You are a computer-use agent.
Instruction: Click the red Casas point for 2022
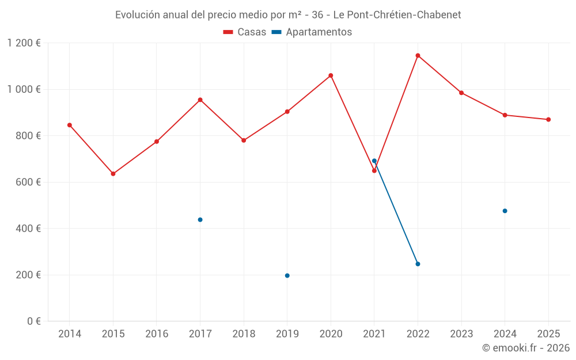[418, 55]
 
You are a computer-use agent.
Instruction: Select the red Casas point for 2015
[113, 173]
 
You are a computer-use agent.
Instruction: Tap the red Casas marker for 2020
[331, 75]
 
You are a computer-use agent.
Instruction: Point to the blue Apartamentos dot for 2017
[200, 219]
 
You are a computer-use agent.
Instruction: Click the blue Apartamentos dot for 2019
[287, 275]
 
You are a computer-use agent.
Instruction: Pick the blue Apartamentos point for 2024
[505, 211]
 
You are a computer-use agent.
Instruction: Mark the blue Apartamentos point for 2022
[418, 264]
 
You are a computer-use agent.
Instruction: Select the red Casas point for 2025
[548, 119]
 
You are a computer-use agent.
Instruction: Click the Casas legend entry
[245, 32]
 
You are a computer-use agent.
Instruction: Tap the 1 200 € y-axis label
[24, 43]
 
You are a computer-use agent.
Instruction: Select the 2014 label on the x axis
[70, 334]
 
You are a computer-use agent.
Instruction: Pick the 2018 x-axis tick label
[244, 334]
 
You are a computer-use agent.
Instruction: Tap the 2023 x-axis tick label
[461, 334]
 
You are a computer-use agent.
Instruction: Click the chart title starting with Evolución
[288, 15]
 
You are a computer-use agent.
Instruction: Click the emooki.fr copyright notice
[526, 348]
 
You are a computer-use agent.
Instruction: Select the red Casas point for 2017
[200, 100]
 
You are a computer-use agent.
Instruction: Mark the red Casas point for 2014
[70, 125]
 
